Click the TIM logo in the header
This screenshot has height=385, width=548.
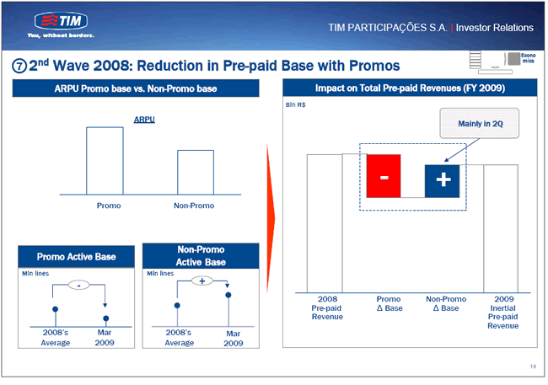[x=61, y=21]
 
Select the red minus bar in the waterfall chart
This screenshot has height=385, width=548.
[x=384, y=176]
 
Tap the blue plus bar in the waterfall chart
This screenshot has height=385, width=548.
[x=442, y=181]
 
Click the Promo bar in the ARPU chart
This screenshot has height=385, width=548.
[x=105, y=161]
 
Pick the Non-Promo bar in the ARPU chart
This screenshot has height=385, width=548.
[x=196, y=172]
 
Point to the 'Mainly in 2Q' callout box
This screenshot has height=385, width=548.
[x=479, y=123]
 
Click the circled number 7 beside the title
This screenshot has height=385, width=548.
[x=19, y=66]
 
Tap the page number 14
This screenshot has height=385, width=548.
[x=533, y=366]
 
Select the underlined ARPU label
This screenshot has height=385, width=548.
[x=144, y=120]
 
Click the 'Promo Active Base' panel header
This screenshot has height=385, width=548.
[x=76, y=257]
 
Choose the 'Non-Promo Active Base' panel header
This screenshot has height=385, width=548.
[x=201, y=256]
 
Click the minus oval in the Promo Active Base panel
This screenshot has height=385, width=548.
[x=78, y=286]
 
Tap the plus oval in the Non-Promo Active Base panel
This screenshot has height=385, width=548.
[x=202, y=281]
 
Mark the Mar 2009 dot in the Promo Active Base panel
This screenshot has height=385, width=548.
[x=106, y=318]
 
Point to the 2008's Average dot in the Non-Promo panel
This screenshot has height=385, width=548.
[x=177, y=305]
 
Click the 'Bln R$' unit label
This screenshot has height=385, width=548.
[x=296, y=104]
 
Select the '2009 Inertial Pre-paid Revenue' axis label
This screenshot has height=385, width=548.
[x=503, y=313]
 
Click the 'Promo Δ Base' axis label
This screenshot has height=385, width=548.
[x=389, y=303]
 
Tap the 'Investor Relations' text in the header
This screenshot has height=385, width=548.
[x=495, y=28]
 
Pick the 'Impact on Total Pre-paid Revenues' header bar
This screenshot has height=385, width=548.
[x=410, y=88]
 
